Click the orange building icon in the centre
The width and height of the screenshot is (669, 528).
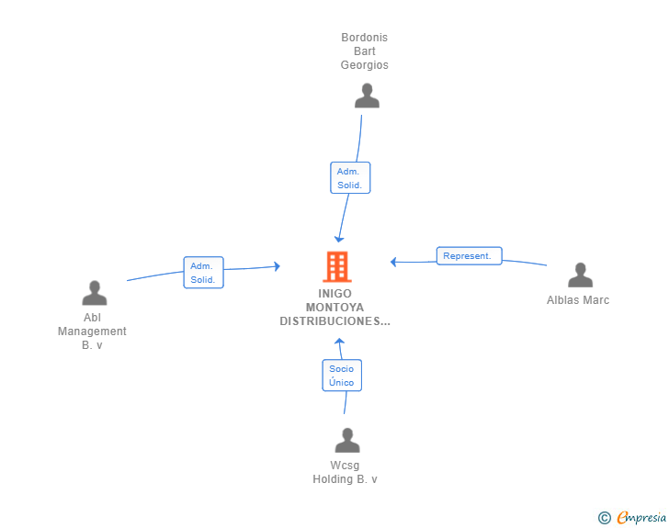[x=337, y=266]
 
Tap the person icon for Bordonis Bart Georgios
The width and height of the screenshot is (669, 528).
[x=367, y=95]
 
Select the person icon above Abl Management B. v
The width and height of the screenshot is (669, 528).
[x=95, y=293]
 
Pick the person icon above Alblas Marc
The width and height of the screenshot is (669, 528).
[x=580, y=275]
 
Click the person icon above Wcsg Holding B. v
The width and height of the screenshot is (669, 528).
[x=347, y=440]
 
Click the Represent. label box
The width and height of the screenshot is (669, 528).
[x=469, y=256]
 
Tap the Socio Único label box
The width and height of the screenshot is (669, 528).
[x=342, y=376]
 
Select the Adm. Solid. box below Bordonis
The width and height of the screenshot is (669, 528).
[x=350, y=178]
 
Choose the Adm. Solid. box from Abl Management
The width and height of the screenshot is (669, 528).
[x=203, y=273]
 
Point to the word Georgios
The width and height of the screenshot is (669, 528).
[x=364, y=65]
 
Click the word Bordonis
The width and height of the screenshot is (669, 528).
[x=364, y=38]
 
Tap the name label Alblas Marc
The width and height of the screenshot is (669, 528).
[x=578, y=300]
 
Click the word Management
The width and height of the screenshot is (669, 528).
[x=92, y=331]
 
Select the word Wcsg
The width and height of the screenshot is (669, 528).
[x=345, y=466]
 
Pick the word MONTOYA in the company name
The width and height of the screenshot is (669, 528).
[x=334, y=308]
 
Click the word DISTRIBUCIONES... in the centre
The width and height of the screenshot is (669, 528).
[x=334, y=321]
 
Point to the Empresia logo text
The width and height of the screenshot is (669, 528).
[x=641, y=518]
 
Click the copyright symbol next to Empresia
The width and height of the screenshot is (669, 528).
[x=605, y=518]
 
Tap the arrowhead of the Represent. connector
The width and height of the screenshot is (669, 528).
[x=393, y=262]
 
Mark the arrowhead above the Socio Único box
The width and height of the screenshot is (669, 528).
[x=339, y=341]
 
